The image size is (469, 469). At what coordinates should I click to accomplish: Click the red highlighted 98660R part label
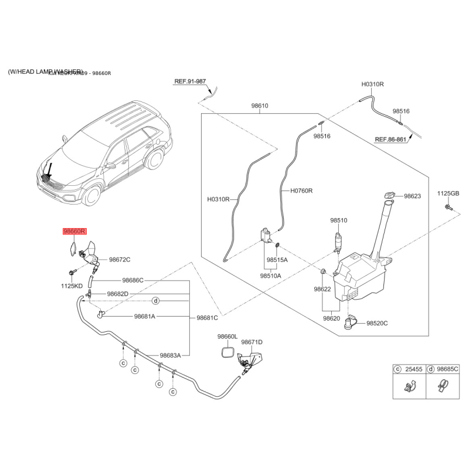coord(74,232)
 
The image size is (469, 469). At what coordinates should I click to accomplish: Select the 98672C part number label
coord(120,260)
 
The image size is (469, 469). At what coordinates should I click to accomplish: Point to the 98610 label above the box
coord(260,106)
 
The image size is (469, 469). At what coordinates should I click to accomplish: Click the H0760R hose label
coord(301,191)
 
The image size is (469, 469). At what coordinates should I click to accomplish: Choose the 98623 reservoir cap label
coord(413,196)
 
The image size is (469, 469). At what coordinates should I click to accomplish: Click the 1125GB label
coord(448,193)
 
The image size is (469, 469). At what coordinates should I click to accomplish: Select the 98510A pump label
coord(270,275)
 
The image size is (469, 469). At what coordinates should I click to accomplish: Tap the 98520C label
coord(378,323)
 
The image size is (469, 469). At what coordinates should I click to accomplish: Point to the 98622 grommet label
coord(323,289)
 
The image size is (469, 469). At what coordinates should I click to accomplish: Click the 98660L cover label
coord(227,337)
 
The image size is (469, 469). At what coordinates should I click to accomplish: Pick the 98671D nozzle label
coord(252,342)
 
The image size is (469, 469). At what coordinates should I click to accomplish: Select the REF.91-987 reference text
coord(190,82)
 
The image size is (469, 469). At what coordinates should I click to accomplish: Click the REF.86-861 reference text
coord(391,140)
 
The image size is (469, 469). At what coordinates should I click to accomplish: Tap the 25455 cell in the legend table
coord(414,369)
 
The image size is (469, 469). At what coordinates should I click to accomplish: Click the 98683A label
coord(170,355)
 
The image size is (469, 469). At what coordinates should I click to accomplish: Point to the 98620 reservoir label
coord(331,318)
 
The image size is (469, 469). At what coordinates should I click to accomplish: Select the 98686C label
coord(132,280)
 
